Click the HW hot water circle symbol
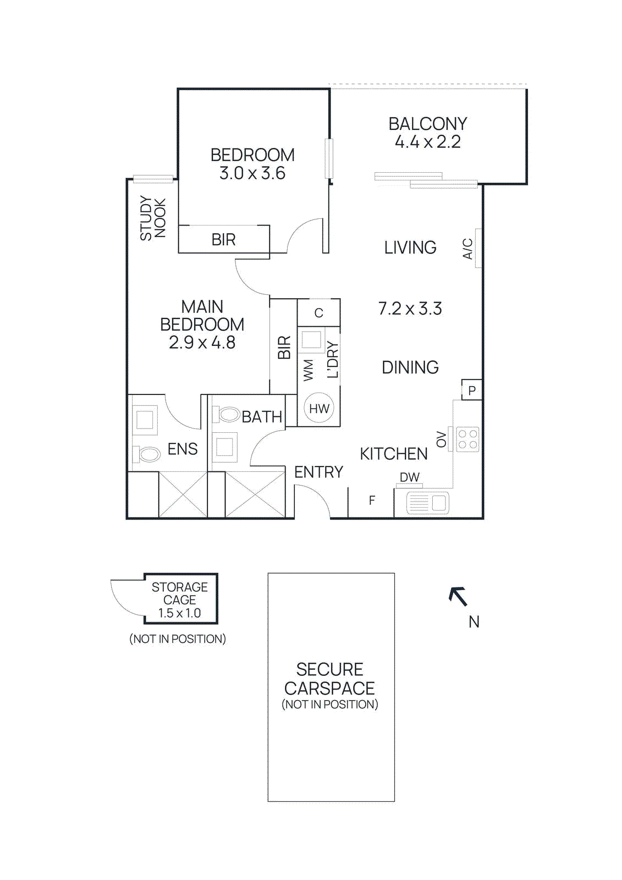coord(319,409)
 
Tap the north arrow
coord(458,596)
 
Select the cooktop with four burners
coord(467,439)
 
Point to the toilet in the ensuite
coord(147,454)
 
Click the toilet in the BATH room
coord(228,414)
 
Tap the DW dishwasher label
coord(410,477)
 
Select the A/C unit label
coord(467,249)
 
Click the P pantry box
coord(472,391)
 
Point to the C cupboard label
coord(318,313)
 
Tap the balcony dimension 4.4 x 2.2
coord(427,142)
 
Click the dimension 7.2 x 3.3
coord(410,309)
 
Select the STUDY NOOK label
coord(152,218)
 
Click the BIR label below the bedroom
coord(223,240)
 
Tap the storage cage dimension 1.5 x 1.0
coord(179,613)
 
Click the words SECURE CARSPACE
coord(329,679)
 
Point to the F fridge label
coord(372,501)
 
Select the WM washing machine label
coord(308,370)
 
